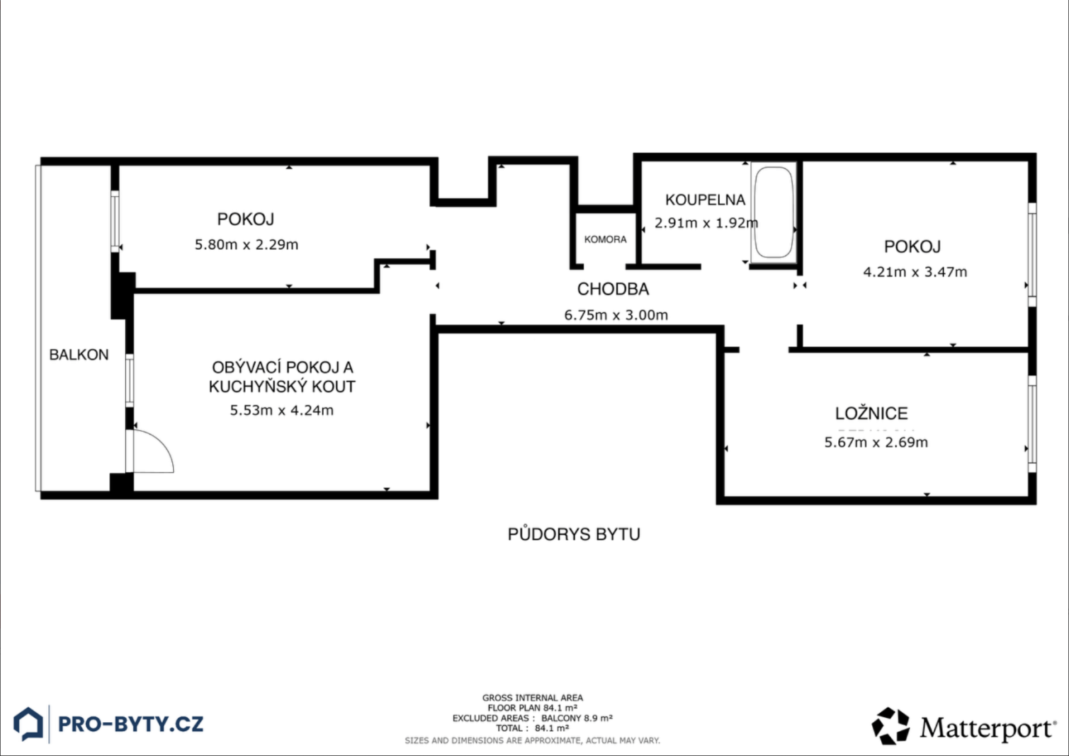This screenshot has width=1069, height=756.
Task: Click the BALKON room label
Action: pyautogui.click(x=79, y=355)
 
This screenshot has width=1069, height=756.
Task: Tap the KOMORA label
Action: pyautogui.click(x=605, y=239)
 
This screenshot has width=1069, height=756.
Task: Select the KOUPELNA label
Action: pyautogui.click(x=705, y=200)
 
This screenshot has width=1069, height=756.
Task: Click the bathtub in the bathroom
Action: pyautogui.click(x=774, y=212)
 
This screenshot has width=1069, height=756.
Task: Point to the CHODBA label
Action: pyautogui.click(x=613, y=289)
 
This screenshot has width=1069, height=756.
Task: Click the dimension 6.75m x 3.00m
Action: pyautogui.click(x=616, y=315)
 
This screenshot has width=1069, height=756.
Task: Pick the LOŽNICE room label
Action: pyautogui.click(x=871, y=413)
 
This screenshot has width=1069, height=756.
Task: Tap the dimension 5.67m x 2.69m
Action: pyautogui.click(x=876, y=442)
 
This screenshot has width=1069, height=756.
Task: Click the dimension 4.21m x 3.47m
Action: pyautogui.click(x=915, y=272)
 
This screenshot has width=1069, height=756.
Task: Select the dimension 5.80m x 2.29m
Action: pyautogui.click(x=246, y=244)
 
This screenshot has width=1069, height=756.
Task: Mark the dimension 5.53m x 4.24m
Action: pyautogui.click(x=281, y=410)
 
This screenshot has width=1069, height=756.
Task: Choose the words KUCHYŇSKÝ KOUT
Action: pyautogui.click(x=281, y=386)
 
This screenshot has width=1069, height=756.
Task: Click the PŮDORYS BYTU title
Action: pyautogui.click(x=574, y=534)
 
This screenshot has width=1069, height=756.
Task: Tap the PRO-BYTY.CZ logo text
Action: pyautogui.click(x=130, y=724)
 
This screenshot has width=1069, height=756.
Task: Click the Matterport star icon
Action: pyautogui.click(x=890, y=726)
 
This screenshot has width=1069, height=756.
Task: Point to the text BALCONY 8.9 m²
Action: pyautogui.click(x=577, y=718)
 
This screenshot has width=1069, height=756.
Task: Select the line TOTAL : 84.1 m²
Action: pyautogui.click(x=532, y=728)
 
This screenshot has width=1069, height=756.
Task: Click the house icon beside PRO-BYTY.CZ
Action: pyautogui.click(x=28, y=724)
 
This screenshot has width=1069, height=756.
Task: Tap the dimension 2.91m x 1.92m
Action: pyautogui.click(x=706, y=223)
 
